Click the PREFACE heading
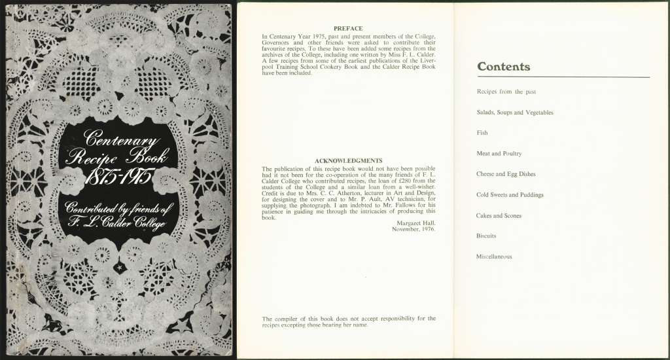click(x=348, y=29)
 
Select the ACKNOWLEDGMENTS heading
click(x=348, y=160)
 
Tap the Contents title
click(x=504, y=67)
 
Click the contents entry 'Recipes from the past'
click(x=506, y=92)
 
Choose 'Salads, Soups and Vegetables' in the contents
click(x=515, y=113)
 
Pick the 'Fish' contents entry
click(x=482, y=133)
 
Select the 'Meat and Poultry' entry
click(x=499, y=154)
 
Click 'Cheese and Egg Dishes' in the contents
click(x=506, y=174)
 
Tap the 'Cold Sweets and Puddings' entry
click(x=510, y=195)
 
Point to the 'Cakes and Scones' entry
click(x=499, y=215)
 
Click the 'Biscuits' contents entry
click(x=486, y=236)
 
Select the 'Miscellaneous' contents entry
click(x=494, y=257)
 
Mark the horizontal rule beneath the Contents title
click(x=563, y=77)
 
